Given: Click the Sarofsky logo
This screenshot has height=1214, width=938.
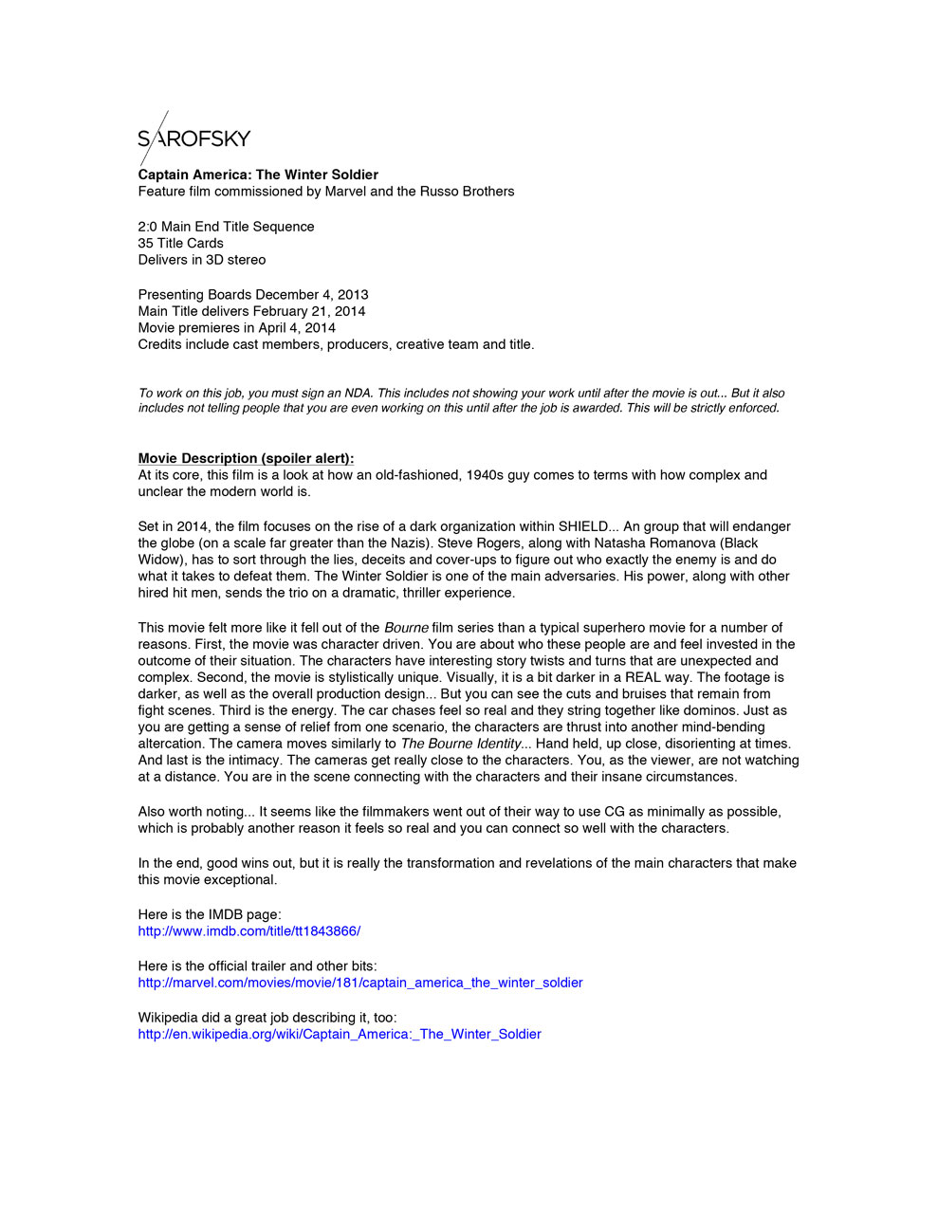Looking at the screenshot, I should (193, 138).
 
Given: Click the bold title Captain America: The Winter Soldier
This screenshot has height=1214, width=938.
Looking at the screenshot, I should (258, 175).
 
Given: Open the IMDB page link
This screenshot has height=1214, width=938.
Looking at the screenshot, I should (248, 931).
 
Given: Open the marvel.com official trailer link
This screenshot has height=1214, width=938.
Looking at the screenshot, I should (359, 983).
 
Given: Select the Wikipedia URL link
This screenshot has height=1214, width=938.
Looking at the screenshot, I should (339, 1034).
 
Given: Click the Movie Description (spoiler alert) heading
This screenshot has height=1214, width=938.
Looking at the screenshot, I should (246, 458).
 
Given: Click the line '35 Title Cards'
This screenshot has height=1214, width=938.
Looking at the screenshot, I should (180, 243).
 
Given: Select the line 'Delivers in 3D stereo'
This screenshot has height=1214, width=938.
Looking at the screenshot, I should (201, 260).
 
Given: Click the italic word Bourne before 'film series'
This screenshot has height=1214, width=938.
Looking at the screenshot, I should (406, 628).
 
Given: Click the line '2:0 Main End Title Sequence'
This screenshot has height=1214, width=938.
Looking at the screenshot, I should (226, 227).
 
